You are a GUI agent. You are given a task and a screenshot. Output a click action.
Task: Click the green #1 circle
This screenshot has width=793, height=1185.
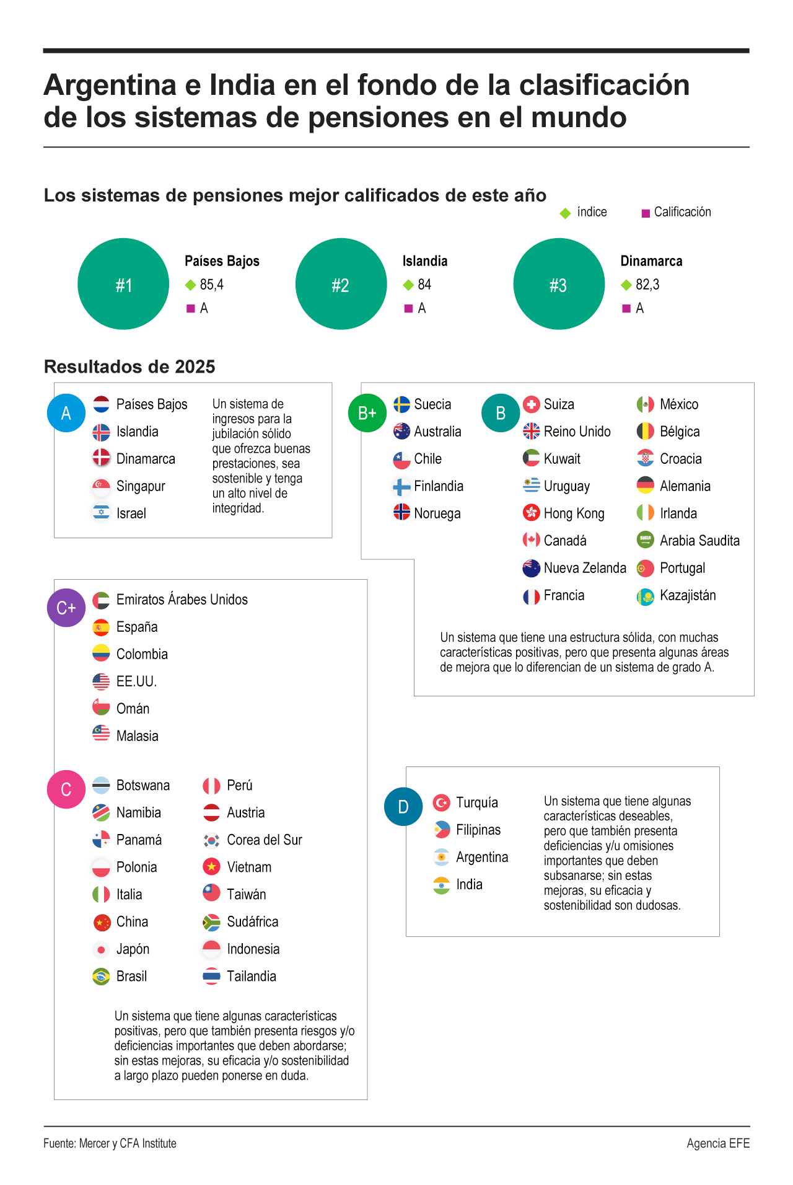coord(123,284)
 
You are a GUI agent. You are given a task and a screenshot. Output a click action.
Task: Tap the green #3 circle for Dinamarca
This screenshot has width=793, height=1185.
coord(559,284)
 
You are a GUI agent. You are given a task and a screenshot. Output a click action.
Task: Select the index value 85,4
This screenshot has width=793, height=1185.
coord(211,285)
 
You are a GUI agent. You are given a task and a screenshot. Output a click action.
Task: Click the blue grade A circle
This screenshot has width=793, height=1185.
coord(66,413)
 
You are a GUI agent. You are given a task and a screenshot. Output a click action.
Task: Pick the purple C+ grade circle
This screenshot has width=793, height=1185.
coord(66,608)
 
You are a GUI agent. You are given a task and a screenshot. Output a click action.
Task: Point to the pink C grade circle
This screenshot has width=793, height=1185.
coord(66,789)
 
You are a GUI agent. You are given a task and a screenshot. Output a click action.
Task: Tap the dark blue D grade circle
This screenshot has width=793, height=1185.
coord(403,807)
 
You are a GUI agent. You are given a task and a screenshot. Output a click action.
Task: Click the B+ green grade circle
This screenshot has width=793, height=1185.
coord(367,413)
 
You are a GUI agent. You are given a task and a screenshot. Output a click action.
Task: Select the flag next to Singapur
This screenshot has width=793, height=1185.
coord(101,486)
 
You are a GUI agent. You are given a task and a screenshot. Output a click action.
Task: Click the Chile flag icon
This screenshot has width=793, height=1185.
coord(402,459)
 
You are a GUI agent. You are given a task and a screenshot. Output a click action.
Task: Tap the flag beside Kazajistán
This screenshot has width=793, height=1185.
coord(646,597)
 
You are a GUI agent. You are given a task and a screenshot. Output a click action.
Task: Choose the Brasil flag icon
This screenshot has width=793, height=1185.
coord(101,977)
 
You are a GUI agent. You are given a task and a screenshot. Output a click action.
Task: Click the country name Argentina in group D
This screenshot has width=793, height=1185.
coord(482,857)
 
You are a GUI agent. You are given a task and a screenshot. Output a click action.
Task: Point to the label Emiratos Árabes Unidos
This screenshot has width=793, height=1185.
coord(182,600)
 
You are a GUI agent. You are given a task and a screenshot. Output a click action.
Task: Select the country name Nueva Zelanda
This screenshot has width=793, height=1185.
coord(585,568)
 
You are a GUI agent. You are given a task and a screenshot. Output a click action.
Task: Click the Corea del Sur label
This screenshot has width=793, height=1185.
coord(265,840)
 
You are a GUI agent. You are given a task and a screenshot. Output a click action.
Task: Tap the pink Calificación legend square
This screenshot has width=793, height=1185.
coord(646,213)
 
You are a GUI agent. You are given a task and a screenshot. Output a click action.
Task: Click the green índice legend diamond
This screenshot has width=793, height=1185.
coord(565,213)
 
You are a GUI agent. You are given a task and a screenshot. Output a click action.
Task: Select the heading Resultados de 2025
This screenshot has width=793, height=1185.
coord(129,366)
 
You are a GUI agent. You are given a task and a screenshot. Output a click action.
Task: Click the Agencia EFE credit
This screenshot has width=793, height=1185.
coord(718,1143)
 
